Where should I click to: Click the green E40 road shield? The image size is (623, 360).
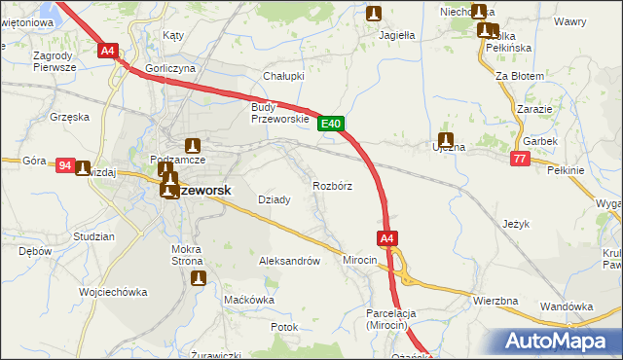coord(331,124)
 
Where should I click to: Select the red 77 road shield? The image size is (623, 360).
coord(519,158)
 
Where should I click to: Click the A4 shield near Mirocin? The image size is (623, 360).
coord(386,237)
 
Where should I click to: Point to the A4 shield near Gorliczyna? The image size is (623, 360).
coord(107,51)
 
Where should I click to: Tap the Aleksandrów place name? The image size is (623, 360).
coord(289,261)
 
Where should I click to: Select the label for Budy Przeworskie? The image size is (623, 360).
coord(279,112)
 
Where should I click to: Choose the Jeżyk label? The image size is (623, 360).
coord(516,224)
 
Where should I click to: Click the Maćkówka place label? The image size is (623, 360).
coord(249,300)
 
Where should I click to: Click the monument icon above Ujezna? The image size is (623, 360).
coord(446,139)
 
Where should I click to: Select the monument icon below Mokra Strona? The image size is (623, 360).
coord(200,278)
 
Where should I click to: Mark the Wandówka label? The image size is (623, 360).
coord(567,306)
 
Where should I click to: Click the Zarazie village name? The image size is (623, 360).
coord(535,109)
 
